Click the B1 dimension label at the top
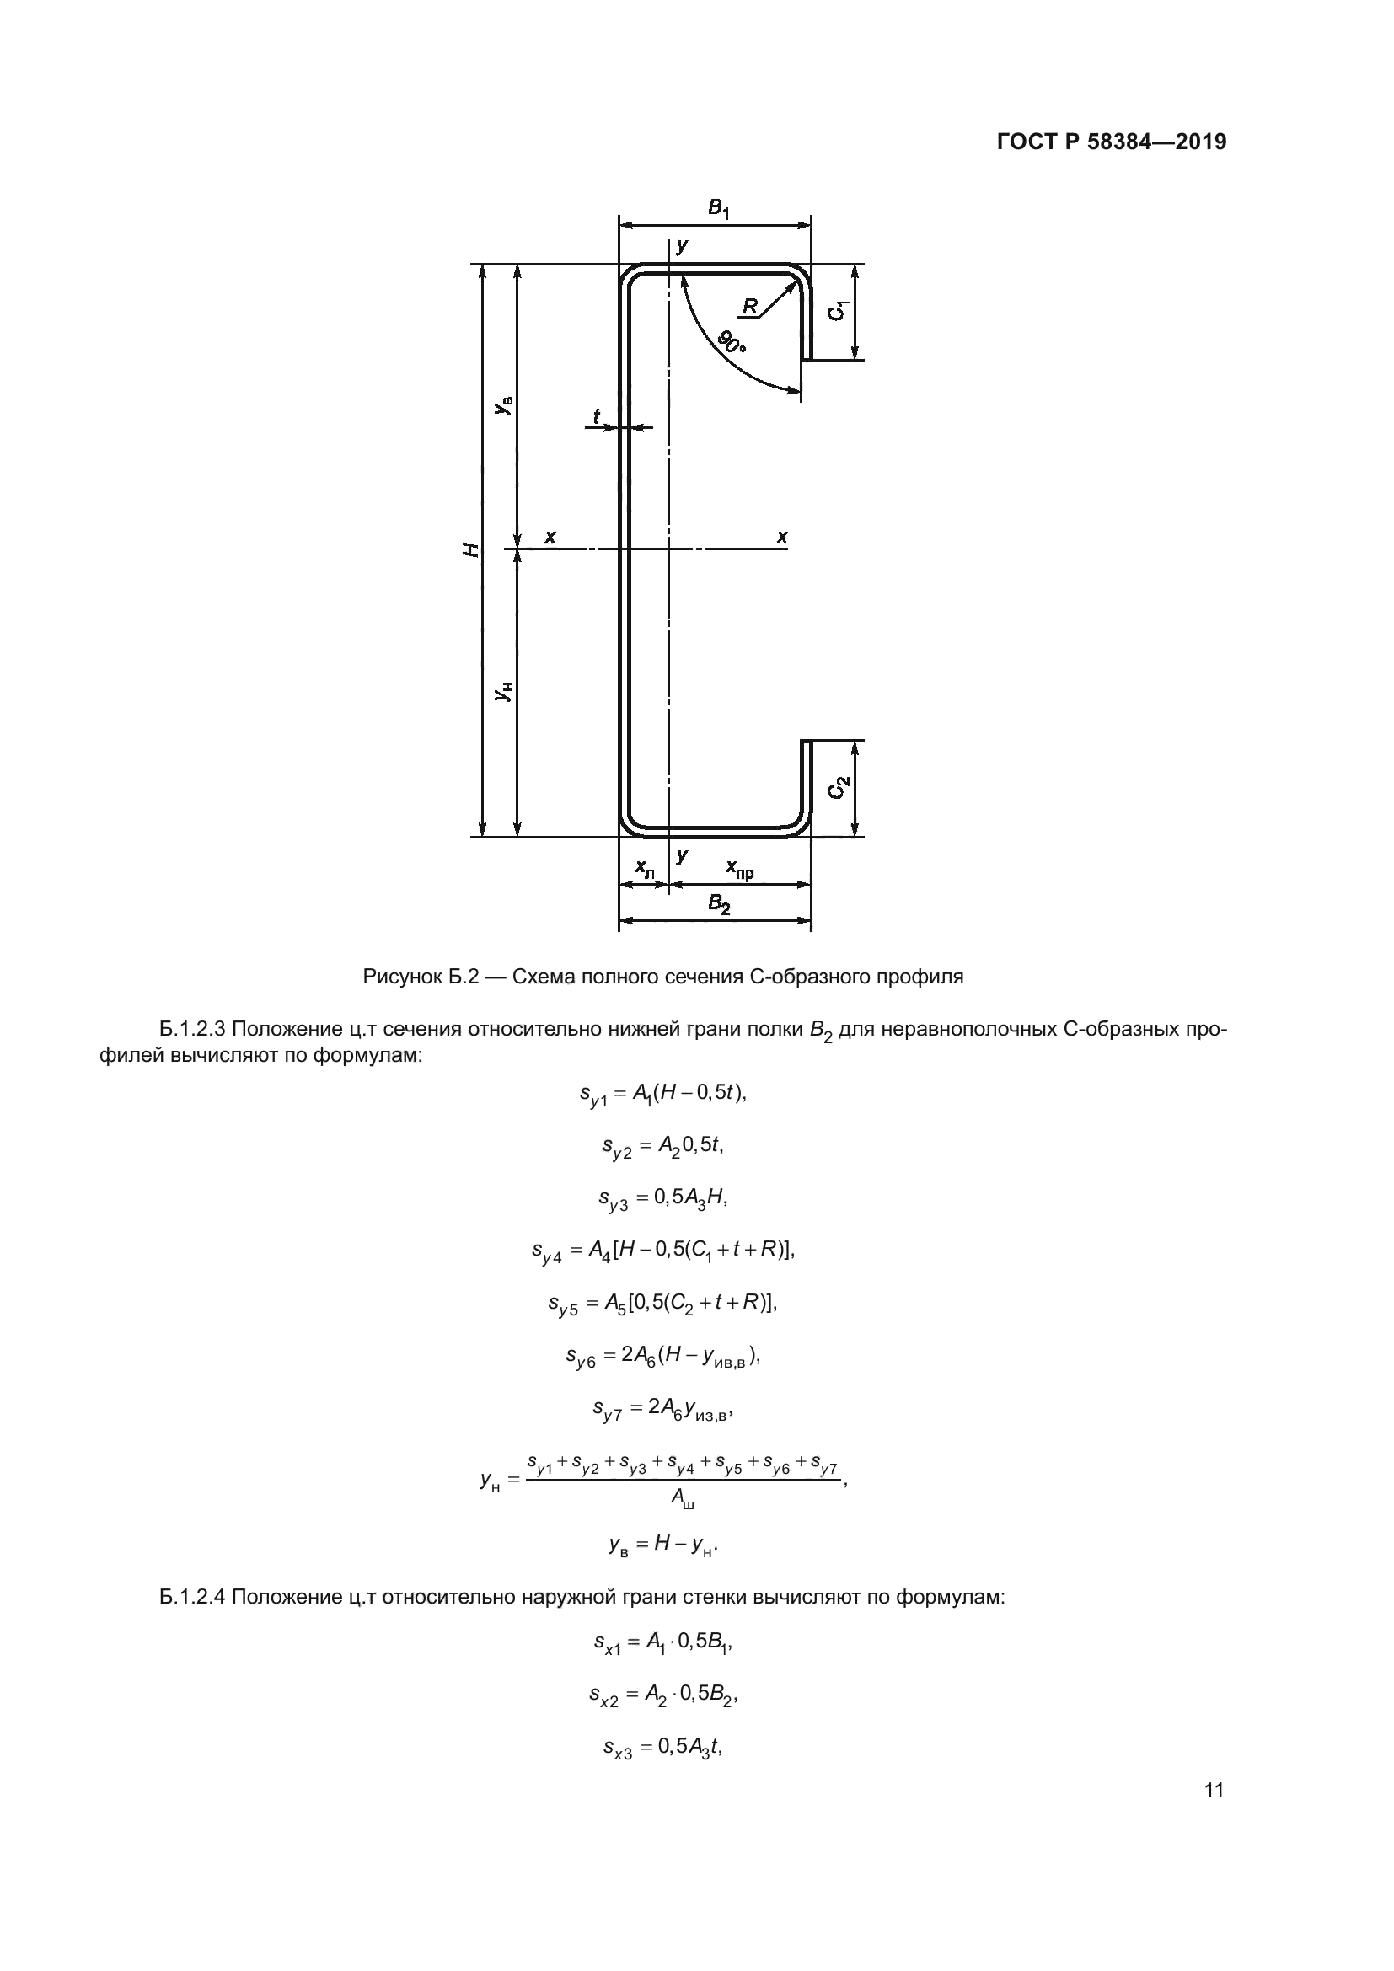pyautogui.click(x=718, y=209)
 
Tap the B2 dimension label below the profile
pyautogui.click(x=718, y=904)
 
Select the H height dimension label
pyautogui.click(x=471, y=549)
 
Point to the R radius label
pyautogui.click(x=750, y=306)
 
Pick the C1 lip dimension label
pyautogui.click(x=839, y=311)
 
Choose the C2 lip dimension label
pyautogui.click(x=839, y=787)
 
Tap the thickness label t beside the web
pyautogui.click(x=597, y=416)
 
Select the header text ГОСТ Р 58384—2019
pyautogui.click(x=1112, y=142)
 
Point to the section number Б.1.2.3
pyautogui.click(x=192, y=1028)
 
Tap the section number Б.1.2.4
pyautogui.click(x=192, y=1597)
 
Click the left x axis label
pyautogui.click(x=550, y=537)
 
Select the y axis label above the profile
pyautogui.click(x=682, y=246)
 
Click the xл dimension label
pyautogui.click(x=644, y=869)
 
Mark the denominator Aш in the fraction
pyautogui.click(x=683, y=1499)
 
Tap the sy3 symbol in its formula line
pyautogui.click(x=613, y=1198)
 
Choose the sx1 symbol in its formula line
pyautogui.click(x=607, y=1643)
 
